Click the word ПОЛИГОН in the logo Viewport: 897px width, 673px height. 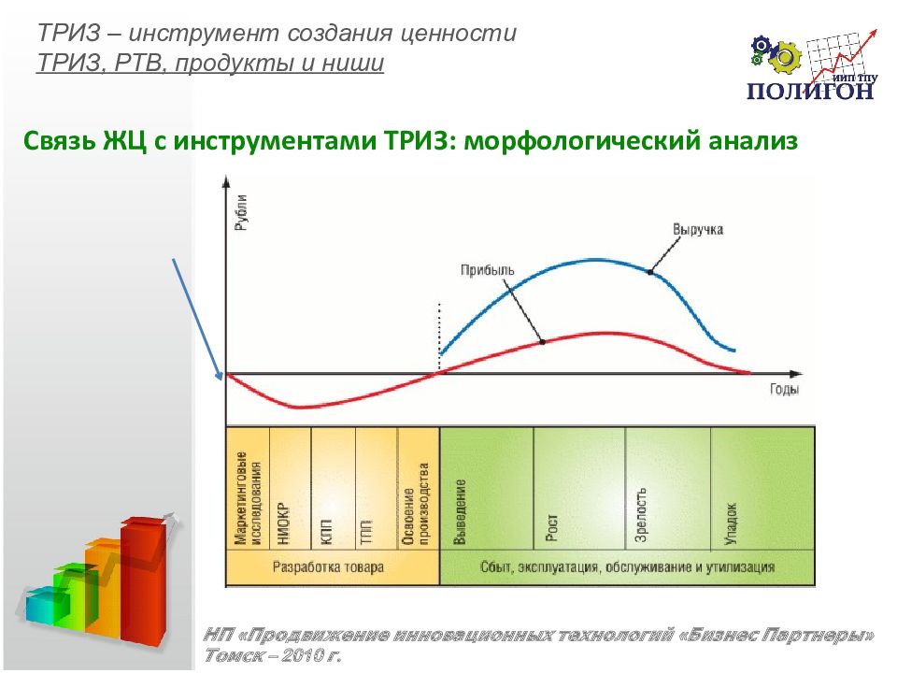(x=810, y=91)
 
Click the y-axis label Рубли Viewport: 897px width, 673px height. (x=241, y=212)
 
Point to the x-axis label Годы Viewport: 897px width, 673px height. (x=784, y=390)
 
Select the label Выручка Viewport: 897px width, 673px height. (x=698, y=230)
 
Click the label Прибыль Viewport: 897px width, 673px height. (x=488, y=269)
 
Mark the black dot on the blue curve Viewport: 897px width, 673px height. (x=650, y=272)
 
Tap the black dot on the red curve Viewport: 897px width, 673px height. (x=542, y=342)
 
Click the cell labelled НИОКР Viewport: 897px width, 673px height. (x=290, y=488)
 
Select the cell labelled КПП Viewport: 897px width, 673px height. (x=334, y=488)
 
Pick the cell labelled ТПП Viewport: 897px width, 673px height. (x=377, y=488)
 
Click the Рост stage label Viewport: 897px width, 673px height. (x=551, y=527)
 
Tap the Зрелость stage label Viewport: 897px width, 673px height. (x=641, y=514)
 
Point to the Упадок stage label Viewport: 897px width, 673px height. (x=731, y=523)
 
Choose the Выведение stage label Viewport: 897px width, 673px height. (x=460, y=511)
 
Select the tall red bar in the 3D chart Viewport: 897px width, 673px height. (x=143, y=580)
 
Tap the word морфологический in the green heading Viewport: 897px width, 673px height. (x=582, y=140)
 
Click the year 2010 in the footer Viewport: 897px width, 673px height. (x=299, y=655)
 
